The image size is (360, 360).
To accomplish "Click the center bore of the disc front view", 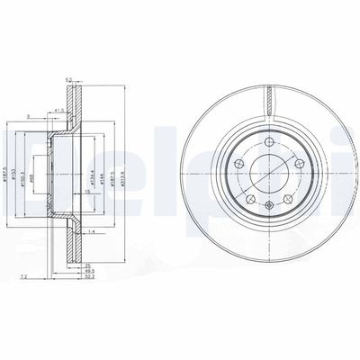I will pos(267,170).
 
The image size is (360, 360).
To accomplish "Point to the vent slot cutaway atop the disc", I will pos(269,99).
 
